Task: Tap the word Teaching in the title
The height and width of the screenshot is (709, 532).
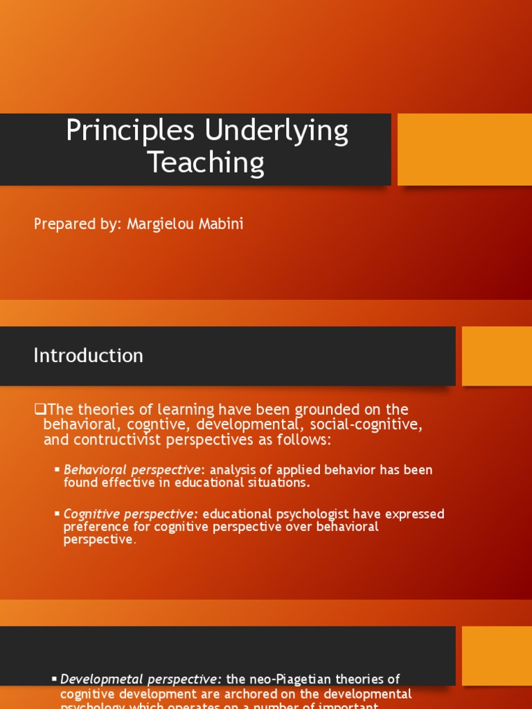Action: [206, 163]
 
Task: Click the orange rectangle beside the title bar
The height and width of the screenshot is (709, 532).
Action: [464, 150]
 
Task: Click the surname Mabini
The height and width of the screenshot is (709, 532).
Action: [220, 225]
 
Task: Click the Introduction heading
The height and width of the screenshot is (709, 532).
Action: [88, 355]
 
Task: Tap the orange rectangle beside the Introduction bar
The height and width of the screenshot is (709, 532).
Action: [496, 356]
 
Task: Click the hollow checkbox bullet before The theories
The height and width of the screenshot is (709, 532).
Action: [39, 409]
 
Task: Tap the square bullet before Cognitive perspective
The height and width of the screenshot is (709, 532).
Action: [57, 514]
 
